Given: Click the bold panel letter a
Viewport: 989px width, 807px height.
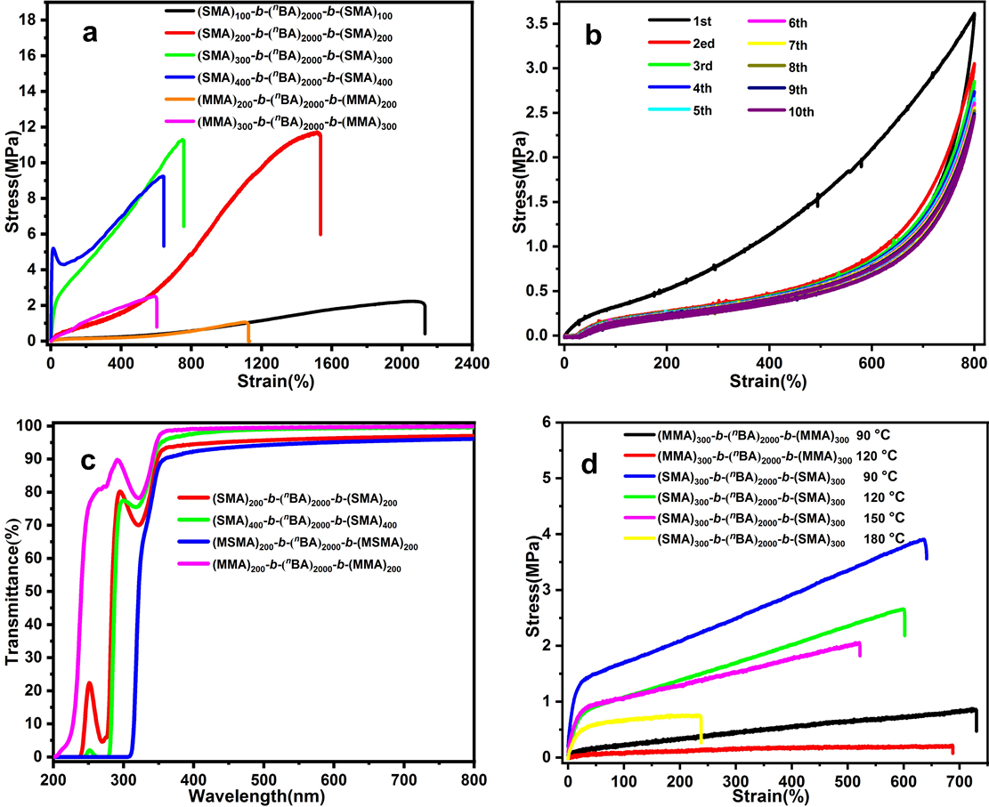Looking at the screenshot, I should click(x=90, y=34).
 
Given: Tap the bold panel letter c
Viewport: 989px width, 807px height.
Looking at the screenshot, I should click(x=89, y=461).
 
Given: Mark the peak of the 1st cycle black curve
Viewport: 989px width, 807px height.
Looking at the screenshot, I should click(x=975, y=13).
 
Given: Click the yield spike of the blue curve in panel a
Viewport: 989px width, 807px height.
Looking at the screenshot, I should click(x=53, y=249).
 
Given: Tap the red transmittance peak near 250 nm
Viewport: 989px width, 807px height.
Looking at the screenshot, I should click(x=89, y=683).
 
